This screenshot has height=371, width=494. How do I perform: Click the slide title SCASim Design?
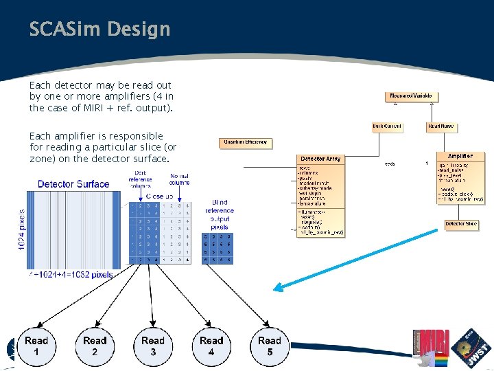click(99, 30)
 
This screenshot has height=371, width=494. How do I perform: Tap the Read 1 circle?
click(36, 346)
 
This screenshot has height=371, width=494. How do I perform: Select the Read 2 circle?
click(95, 346)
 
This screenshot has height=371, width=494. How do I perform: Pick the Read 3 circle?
click(153, 346)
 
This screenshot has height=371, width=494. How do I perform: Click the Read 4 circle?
click(211, 346)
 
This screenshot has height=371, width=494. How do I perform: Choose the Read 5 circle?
click(270, 346)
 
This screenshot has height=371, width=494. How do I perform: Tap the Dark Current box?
click(387, 126)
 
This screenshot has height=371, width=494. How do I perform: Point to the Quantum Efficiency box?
click(246, 143)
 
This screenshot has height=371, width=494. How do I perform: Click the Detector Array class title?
click(320, 159)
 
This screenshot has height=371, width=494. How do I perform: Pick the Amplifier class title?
click(460, 157)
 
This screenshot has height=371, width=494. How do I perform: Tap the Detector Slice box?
click(461, 224)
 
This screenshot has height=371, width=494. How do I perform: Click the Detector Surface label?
click(73, 183)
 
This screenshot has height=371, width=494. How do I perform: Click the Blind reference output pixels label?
click(219, 214)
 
